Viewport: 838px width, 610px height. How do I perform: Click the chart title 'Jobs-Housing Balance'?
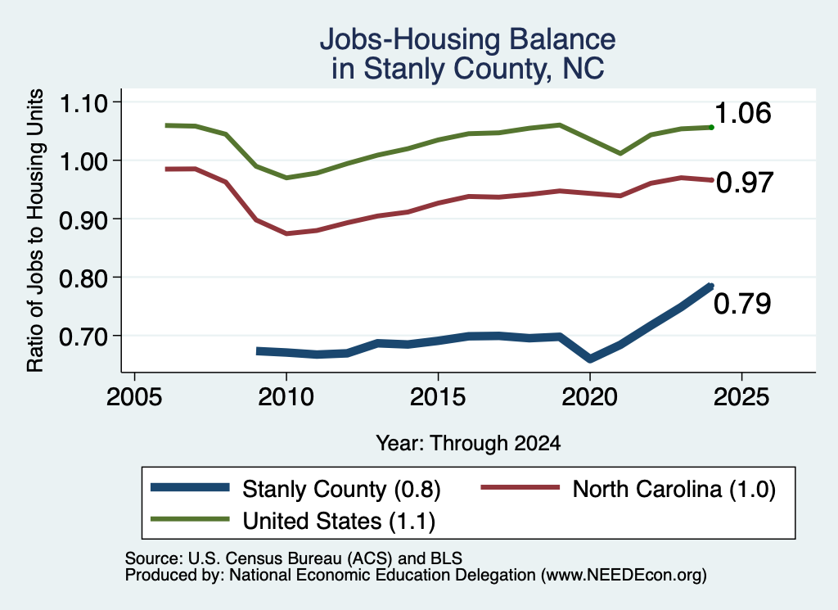(x=467, y=39)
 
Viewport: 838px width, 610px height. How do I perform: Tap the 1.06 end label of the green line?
(x=742, y=113)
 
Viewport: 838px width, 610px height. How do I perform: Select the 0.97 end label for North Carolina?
(x=745, y=183)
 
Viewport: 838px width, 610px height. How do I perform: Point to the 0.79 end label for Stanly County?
(x=742, y=304)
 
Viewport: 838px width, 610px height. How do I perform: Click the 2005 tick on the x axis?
(x=135, y=396)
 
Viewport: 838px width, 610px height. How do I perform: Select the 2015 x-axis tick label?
(x=438, y=396)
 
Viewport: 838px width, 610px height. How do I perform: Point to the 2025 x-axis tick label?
(x=741, y=396)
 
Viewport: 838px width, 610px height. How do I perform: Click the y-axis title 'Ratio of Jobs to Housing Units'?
(x=34, y=230)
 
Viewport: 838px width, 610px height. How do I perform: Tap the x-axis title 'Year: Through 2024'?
(x=468, y=443)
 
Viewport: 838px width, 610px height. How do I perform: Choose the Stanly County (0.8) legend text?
(x=341, y=489)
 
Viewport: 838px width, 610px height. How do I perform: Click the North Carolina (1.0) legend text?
(x=674, y=489)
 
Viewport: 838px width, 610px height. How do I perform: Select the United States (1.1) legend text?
(x=339, y=521)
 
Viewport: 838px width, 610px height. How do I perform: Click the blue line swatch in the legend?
(x=190, y=487)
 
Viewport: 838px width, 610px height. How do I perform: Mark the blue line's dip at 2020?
(x=590, y=359)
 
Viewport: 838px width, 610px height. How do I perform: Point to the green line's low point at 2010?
(x=286, y=178)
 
